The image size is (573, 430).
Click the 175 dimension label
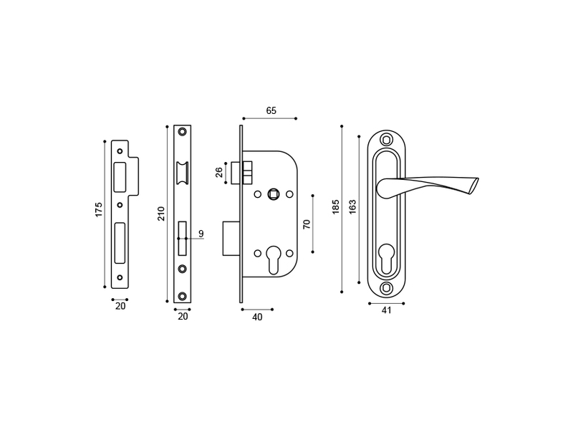[99, 210]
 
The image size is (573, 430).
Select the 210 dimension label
[161, 214]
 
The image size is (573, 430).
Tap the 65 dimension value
[271, 111]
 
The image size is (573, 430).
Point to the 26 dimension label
[219, 172]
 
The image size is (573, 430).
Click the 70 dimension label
[307, 224]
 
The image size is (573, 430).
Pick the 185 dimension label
[336, 207]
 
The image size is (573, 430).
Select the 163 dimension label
[352, 207]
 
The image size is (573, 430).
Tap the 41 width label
[386, 310]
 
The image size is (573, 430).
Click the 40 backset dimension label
[257, 317]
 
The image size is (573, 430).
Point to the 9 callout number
[201, 234]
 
